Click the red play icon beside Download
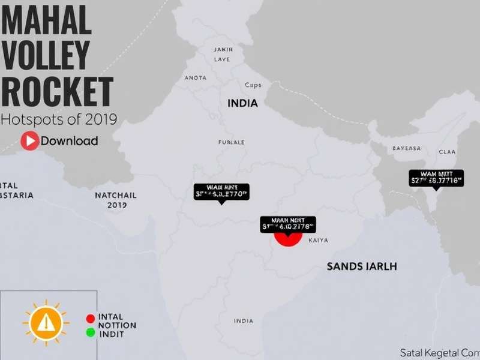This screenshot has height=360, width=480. point(29,141)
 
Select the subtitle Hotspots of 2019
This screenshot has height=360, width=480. point(59,119)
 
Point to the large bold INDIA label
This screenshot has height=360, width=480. point(242,103)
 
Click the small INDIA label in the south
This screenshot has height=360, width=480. point(243,321)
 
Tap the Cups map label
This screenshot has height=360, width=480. point(253,85)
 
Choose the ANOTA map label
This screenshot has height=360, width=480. point(196,77)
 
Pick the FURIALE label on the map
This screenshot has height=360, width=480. point(231,143)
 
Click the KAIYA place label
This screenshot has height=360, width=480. point(318,241)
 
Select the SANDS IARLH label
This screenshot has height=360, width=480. point(362,266)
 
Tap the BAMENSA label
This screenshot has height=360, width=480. point(407,148)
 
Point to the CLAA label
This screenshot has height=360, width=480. point(447,152)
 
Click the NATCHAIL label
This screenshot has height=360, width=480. point(116,196)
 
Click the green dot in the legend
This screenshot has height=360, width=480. point(91,332)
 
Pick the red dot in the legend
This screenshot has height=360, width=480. point(91,318)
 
